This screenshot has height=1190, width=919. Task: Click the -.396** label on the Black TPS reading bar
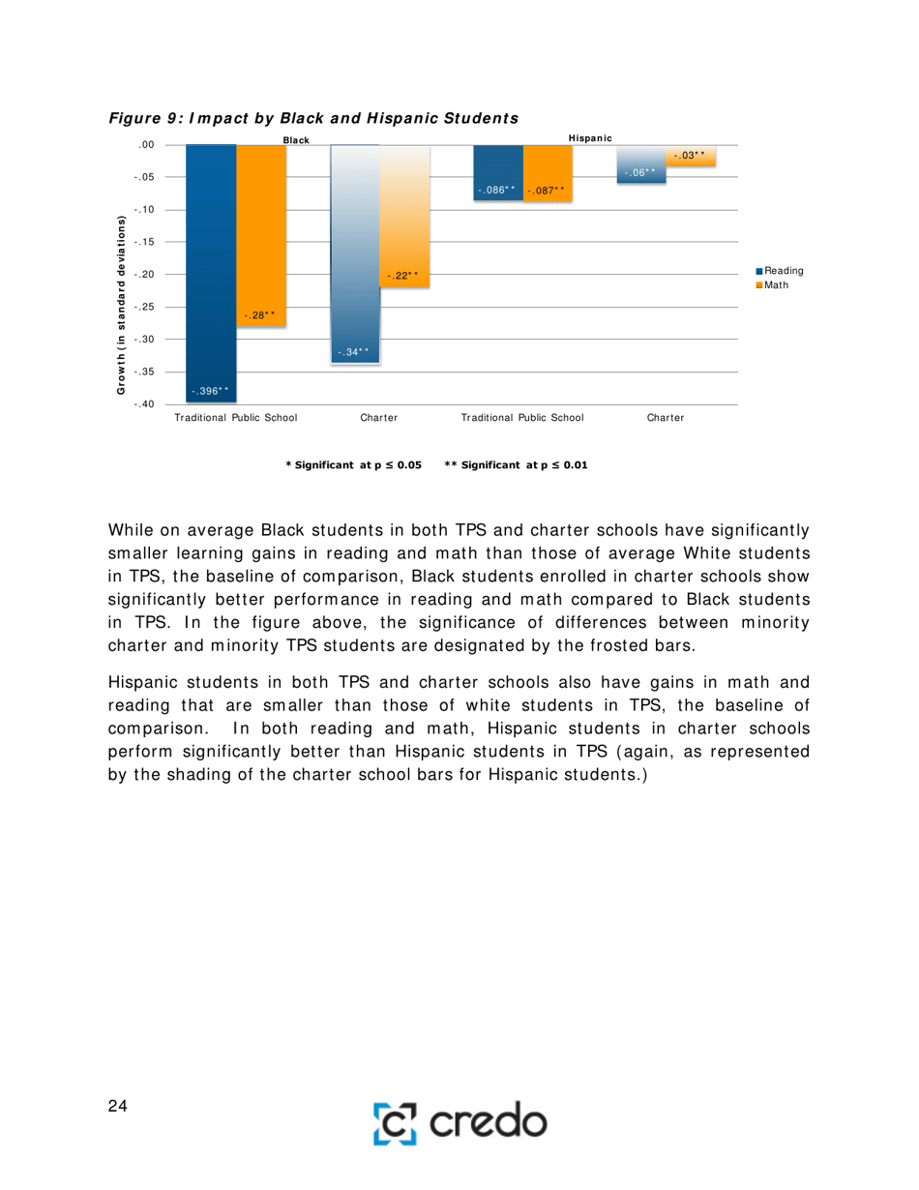210,391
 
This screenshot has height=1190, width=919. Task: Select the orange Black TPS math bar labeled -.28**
260,232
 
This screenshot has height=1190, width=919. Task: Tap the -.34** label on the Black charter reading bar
354,352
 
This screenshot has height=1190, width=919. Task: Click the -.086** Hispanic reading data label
497,191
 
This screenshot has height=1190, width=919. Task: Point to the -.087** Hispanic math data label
547,191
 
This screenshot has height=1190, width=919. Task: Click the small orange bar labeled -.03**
692,156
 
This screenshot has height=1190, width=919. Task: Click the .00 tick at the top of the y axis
146,145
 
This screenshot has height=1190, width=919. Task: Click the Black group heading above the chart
295,140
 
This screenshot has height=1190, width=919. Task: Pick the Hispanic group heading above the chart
590,138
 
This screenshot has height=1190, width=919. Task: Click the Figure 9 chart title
313,118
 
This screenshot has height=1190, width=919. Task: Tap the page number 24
118,1107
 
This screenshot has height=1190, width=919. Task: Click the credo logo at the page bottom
459,1122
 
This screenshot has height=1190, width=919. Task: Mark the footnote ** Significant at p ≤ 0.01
515,465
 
